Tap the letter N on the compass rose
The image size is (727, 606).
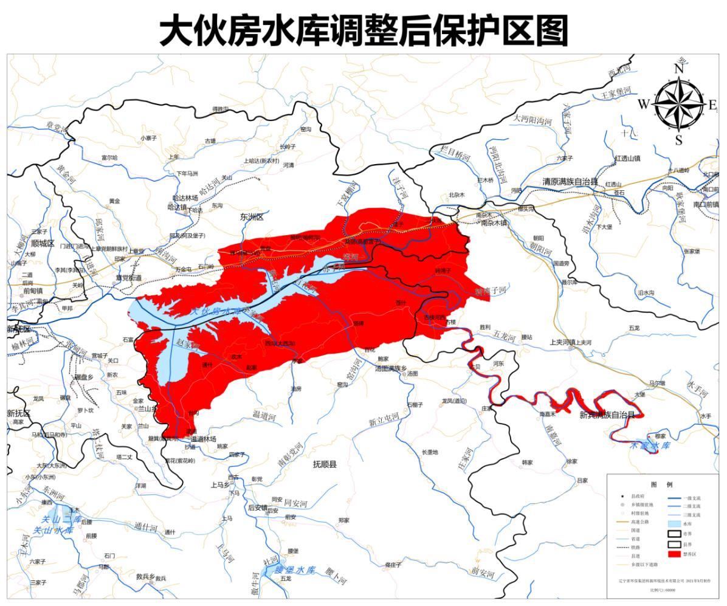tap(679, 69)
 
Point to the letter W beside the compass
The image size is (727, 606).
tap(644, 104)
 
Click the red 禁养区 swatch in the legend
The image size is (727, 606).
tap(674, 554)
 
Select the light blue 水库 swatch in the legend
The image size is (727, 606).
tap(674, 522)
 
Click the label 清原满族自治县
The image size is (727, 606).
tap(570, 182)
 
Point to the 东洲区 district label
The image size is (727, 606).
tap(251, 216)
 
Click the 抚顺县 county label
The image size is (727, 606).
tap(325, 464)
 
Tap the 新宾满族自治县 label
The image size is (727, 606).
tap(607, 415)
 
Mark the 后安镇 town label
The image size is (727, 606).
tap(258, 508)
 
